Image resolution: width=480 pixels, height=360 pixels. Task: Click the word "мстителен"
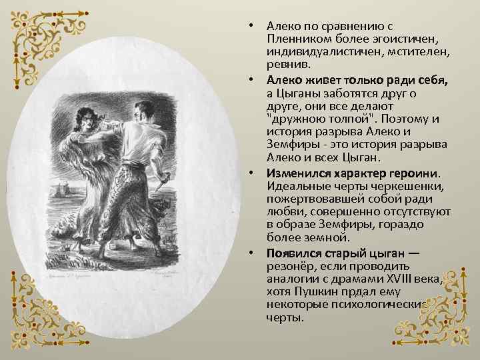coord(417,51)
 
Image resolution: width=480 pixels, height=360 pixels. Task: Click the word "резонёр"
coord(291,266)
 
